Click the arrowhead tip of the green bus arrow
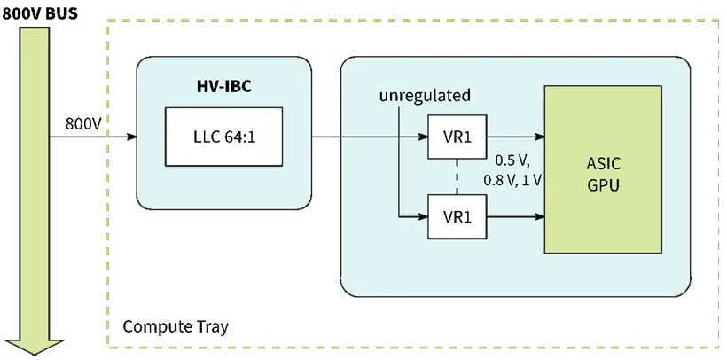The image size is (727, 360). pos(35,352)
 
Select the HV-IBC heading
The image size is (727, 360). pos(223,87)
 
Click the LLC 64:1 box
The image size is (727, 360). pos(223,137)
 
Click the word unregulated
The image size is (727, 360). pos(425,95)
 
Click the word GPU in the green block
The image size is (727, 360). pos(602,185)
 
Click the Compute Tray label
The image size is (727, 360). pos(174,326)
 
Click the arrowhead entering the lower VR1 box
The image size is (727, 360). pos(421,215)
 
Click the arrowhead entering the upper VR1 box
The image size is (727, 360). pos(421,137)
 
